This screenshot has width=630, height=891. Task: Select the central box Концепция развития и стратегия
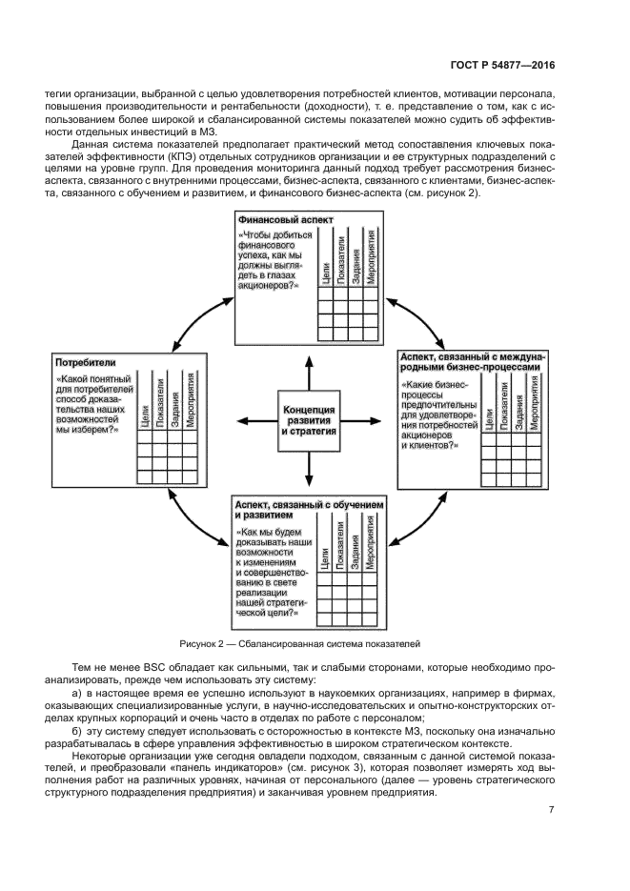point(310,419)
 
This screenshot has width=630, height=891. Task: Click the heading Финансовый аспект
point(278,218)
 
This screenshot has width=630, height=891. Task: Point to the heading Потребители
point(86,363)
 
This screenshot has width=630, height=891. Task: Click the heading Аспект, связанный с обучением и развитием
point(309,508)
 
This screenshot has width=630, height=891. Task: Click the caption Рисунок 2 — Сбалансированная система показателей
point(298,643)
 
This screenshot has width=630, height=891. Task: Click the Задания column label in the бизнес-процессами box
point(519,409)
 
